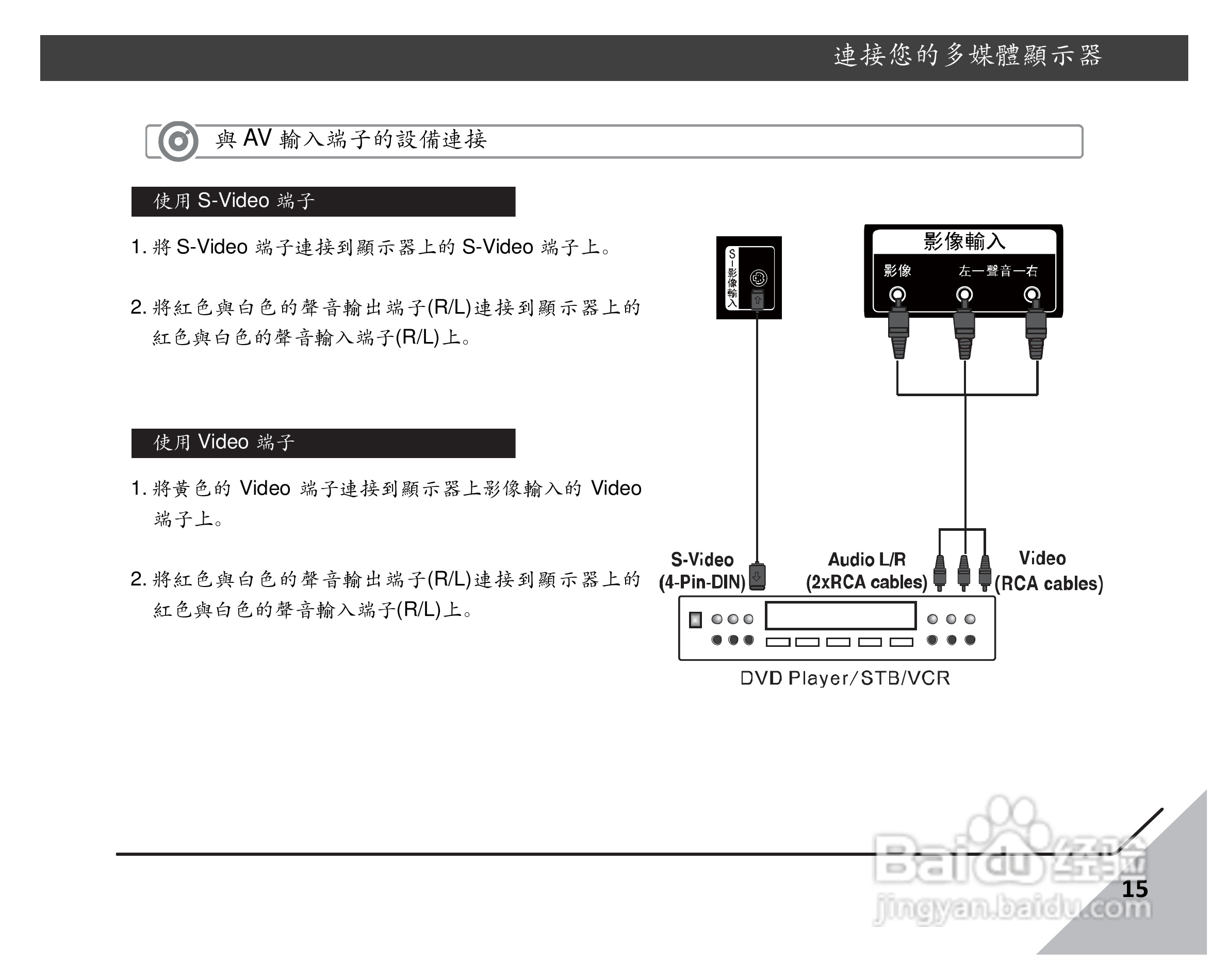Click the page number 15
[x=1134, y=889]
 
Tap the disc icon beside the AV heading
[x=178, y=141]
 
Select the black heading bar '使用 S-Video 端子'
[x=323, y=201]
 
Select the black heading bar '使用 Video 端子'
[x=323, y=443]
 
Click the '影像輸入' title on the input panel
[x=964, y=241]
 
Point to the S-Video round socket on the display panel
[x=758, y=278]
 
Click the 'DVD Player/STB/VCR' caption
[x=845, y=678]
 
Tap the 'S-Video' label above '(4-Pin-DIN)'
[x=702, y=559]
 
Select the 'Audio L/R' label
[x=866, y=559]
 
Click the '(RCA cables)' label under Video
[x=1049, y=583]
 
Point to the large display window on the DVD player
[x=840, y=616]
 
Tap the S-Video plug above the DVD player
[x=757, y=576]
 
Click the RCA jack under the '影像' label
[x=897, y=295]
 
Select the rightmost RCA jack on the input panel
[x=1031, y=295]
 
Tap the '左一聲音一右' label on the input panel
[x=998, y=271]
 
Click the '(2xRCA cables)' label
[x=866, y=582]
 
